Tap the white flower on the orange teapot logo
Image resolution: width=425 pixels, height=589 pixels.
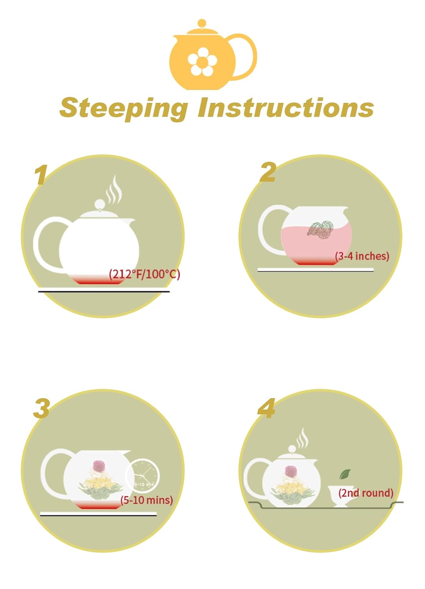point(202,61)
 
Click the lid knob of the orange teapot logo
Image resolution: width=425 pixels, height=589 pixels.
point(202,23)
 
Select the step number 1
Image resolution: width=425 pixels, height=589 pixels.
point(41,175)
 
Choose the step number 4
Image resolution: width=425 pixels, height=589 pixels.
point(266,408)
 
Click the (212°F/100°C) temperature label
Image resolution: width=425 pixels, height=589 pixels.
point(145,274)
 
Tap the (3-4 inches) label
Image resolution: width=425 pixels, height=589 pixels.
point(362,256)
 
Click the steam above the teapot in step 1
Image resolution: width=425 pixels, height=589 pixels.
point(114,189)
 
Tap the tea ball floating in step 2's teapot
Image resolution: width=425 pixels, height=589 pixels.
point(321,229)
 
